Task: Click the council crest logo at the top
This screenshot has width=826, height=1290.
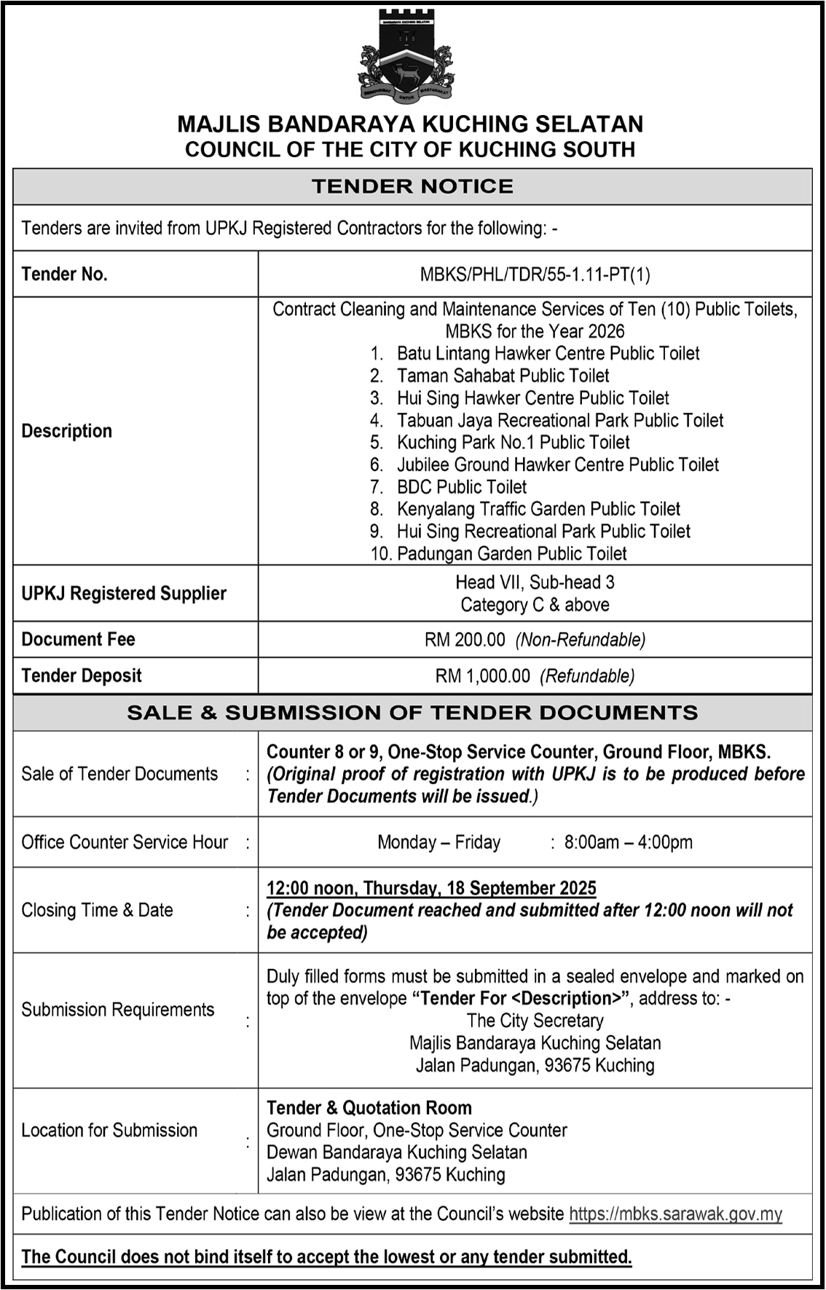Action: (406, 57)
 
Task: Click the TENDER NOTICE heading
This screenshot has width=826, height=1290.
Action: (412, 186)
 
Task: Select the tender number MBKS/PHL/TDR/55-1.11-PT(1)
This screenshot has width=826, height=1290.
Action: (535, 274)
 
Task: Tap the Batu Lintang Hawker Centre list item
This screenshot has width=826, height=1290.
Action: (547, 354)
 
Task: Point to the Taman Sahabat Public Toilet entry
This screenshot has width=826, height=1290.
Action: (503, 376)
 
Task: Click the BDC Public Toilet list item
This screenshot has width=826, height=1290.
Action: (461, 487)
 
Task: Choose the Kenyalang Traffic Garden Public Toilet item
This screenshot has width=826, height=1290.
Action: (538, 509)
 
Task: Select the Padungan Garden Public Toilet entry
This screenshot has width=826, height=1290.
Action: (511, 554)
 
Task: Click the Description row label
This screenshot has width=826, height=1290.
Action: (67, 431)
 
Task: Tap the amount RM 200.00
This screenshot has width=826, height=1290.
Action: (465, 640)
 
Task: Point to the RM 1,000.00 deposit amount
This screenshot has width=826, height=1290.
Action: (483, 676)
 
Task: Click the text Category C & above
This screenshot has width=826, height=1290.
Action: (535, 605)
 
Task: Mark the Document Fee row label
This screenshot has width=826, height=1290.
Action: (79, 640)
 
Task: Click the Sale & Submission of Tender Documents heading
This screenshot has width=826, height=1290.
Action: (412, 713)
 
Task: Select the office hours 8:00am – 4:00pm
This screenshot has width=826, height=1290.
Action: (628, 842)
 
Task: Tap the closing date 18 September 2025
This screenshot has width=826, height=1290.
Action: (522, 888)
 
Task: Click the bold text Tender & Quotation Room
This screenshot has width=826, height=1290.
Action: (369, 1108)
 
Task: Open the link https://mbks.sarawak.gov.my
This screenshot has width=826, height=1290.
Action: (675, 1214)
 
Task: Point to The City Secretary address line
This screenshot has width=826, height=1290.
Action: (535, 1021)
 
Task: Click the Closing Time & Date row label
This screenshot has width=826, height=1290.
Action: (98, 910)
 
